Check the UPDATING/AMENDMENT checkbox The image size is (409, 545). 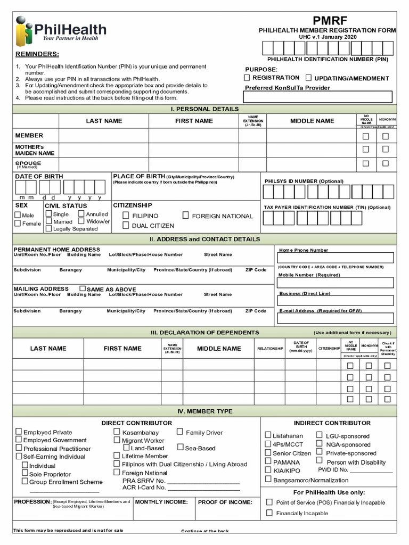pos(310,78)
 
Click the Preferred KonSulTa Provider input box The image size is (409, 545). pos(318,97)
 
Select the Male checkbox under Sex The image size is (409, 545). pos(18,216)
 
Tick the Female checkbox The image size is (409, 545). pos(18,224)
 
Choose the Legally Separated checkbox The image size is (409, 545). pos(48,229)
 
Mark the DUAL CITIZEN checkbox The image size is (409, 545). pos(126,226)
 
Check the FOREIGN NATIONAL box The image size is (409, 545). pos(186,216)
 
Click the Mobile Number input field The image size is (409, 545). pos(336,283)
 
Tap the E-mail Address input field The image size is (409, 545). pos(336,318)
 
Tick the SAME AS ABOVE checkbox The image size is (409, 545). pos(82,288)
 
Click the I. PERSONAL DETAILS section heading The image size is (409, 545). pos(204,109)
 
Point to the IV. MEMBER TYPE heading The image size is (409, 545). pos(204,411)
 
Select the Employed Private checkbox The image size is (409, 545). pos(19,432)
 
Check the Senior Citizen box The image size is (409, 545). pos(268,453)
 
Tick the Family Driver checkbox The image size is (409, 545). pos(180,432)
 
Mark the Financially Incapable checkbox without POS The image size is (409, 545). pos(269,513)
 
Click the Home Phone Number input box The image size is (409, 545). pos(336,258)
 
